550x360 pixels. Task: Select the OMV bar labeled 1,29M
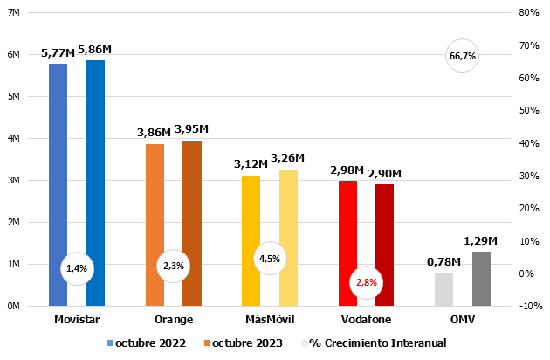tap(481, 279)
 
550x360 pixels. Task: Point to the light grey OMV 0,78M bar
tap(443, 289)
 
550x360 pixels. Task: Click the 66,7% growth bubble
tap(462, 56)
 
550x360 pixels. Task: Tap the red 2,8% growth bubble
tap(366, 282)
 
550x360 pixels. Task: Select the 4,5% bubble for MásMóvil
tap(269, 258)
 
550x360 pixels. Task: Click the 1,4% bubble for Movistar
tap(76, 267)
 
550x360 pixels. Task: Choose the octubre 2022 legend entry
tap(146, 343)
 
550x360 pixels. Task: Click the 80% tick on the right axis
tap(527, 13)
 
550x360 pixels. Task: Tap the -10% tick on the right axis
tap(527, 306)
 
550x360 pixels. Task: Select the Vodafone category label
tap(365, 320)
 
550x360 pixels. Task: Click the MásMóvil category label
tap(269, 320)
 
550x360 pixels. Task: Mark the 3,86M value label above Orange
tap(154, 132)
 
